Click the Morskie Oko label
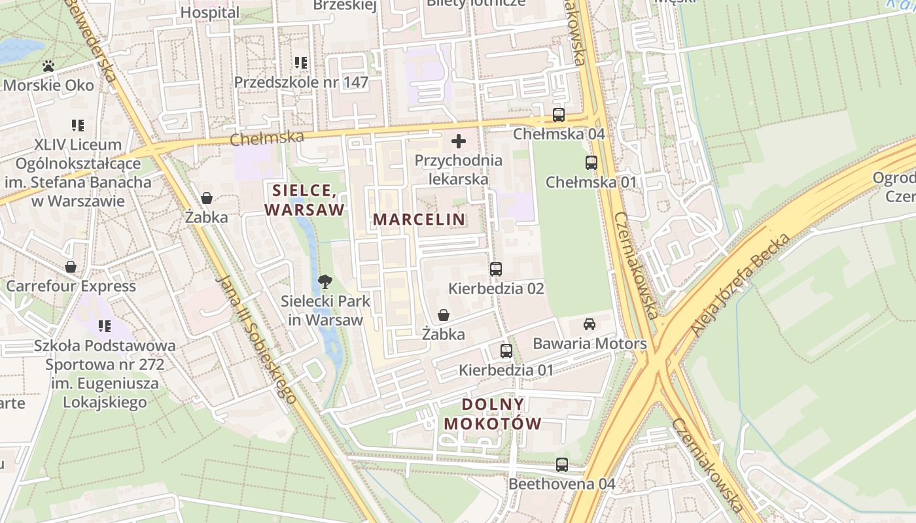[x=49, y=85]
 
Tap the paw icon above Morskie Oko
[x=48, y=66]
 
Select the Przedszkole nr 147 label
[x=301, y=82]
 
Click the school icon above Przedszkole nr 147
[x=301, y=63]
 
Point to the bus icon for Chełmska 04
[x=558, y=115]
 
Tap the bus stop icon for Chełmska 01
[x=591, y=163]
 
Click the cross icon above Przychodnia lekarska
[x=459, y=141]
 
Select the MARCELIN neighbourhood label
[x=419, y=220]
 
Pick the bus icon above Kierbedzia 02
[x=495, y=269]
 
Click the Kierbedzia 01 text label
[x=506, y=370]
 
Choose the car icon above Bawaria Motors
[x=590, y=324]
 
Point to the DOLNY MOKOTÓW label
[x=493, y=414]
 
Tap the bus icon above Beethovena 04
[x=561, y=465]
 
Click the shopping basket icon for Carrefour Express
[x=71, y=267]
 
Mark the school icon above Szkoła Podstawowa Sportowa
[x=104, y=326]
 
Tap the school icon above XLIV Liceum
[x=78, y=125]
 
